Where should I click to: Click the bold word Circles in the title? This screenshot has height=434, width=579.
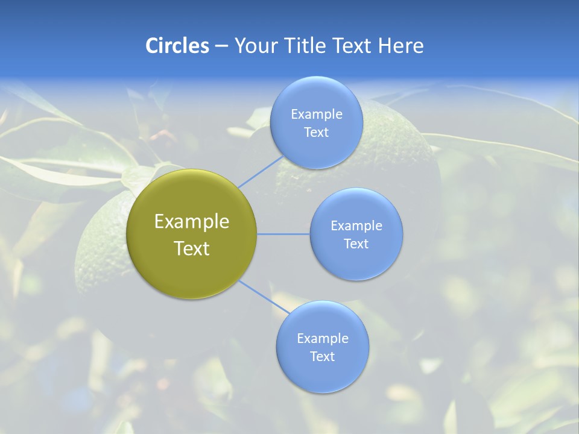(177, 46)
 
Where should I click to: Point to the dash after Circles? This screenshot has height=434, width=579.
(221, 46)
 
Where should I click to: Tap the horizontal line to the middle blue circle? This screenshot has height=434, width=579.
(283, 234)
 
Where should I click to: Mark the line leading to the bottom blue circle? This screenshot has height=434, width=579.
(263, 297)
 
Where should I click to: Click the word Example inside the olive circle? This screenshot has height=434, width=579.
(192, 222)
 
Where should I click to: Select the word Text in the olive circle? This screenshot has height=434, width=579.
(192, 248)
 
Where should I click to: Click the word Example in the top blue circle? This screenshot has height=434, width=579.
(316, 115)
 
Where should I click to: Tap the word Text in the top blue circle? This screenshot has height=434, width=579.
(316, 133)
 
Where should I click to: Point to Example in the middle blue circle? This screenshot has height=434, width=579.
(356, 226)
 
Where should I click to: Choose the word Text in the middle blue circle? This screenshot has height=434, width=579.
(356, 244)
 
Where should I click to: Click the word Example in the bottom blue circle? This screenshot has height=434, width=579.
(322, 339)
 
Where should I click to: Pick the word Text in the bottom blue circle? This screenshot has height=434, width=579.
(322, 357)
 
